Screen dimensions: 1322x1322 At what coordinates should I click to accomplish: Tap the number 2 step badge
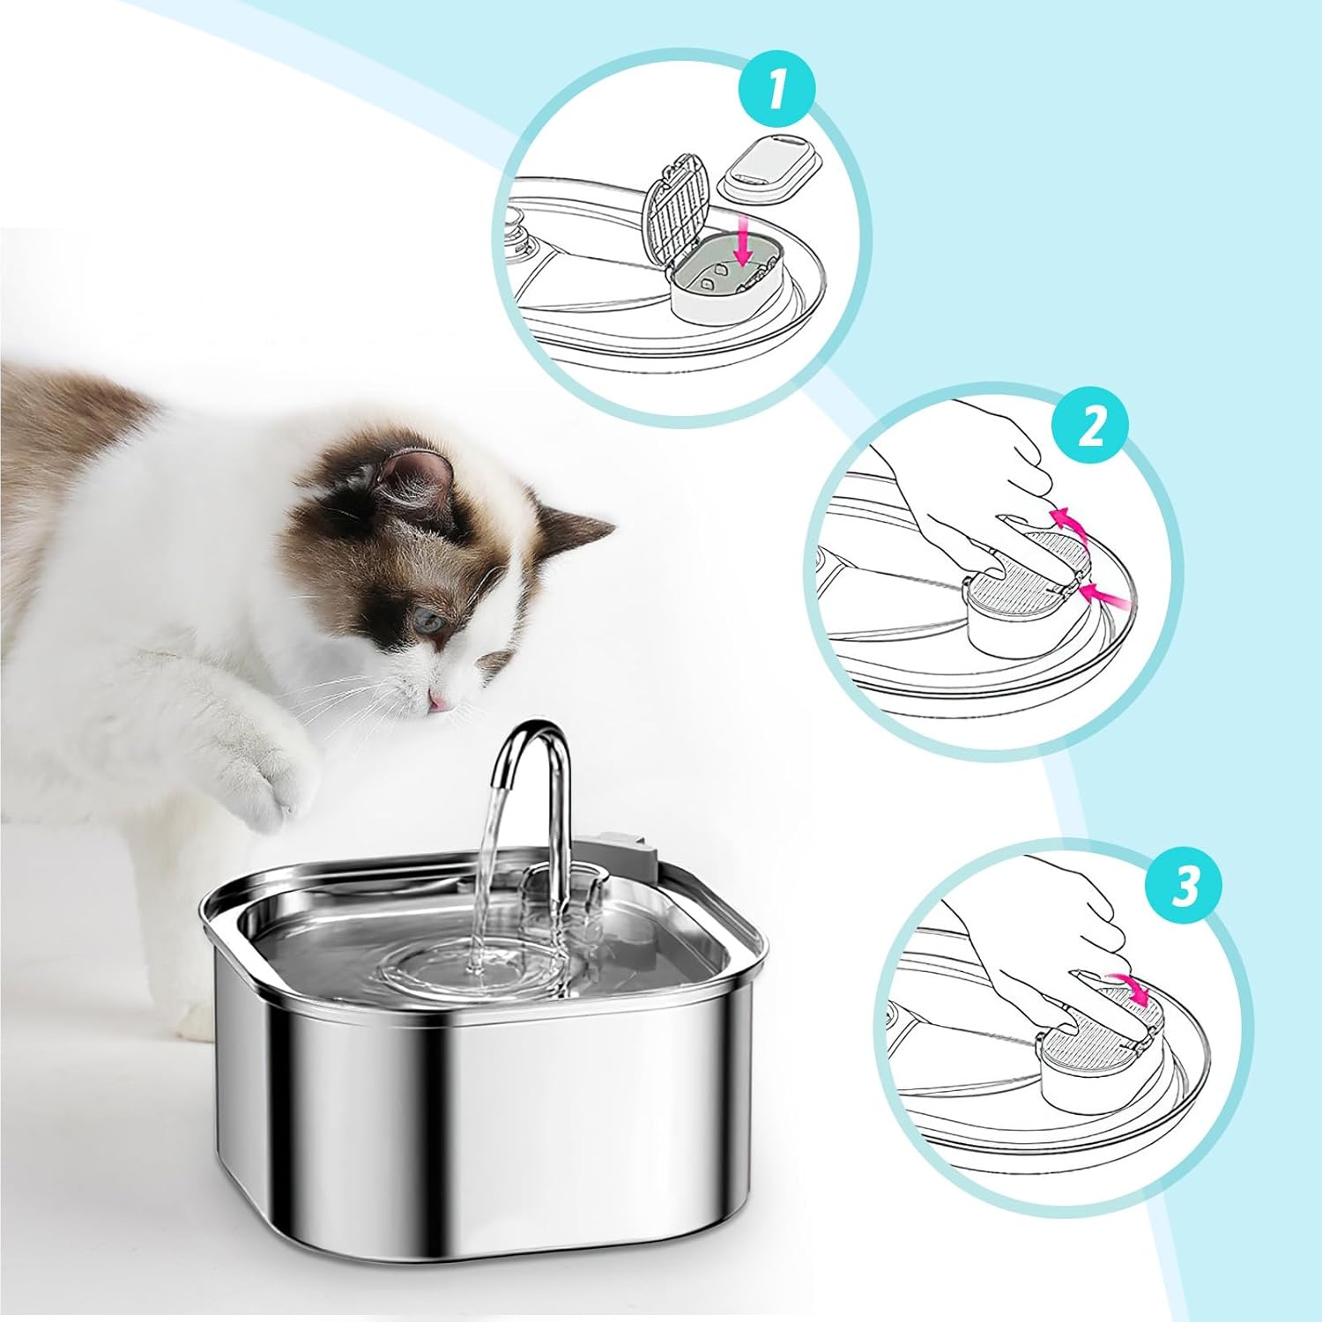click(1091, 428)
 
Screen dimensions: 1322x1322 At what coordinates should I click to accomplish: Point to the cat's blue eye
click(429, 621)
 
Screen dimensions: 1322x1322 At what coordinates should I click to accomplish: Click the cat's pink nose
click(435, 701)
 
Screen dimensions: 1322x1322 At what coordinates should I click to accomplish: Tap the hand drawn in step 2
click(961, 494)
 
